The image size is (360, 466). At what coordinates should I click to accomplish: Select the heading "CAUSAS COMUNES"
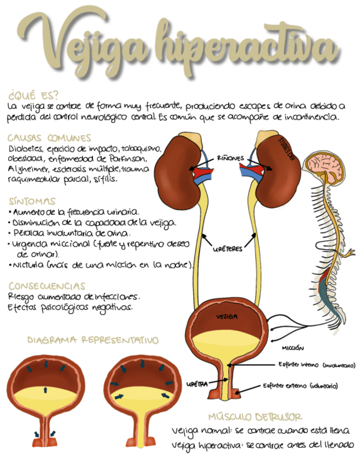pyautogui.click(x=49, y=138)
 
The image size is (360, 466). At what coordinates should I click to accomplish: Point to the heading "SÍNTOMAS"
pyautogui.click(x=32, y=201)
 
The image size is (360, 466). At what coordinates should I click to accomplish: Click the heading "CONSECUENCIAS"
pyautogui.click(x=47, y=286)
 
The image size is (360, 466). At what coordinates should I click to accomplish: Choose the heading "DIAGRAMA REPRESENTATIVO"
pyautogui.click(x=93, y=341)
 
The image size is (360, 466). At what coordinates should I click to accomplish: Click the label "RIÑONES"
pyautogui.click(x=230, y=158)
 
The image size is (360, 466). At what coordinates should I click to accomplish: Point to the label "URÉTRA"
pyautogui.click(x=197, y=384)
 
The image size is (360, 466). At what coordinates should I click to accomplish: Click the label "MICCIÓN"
pyautogui.click(x=293, y=348)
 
